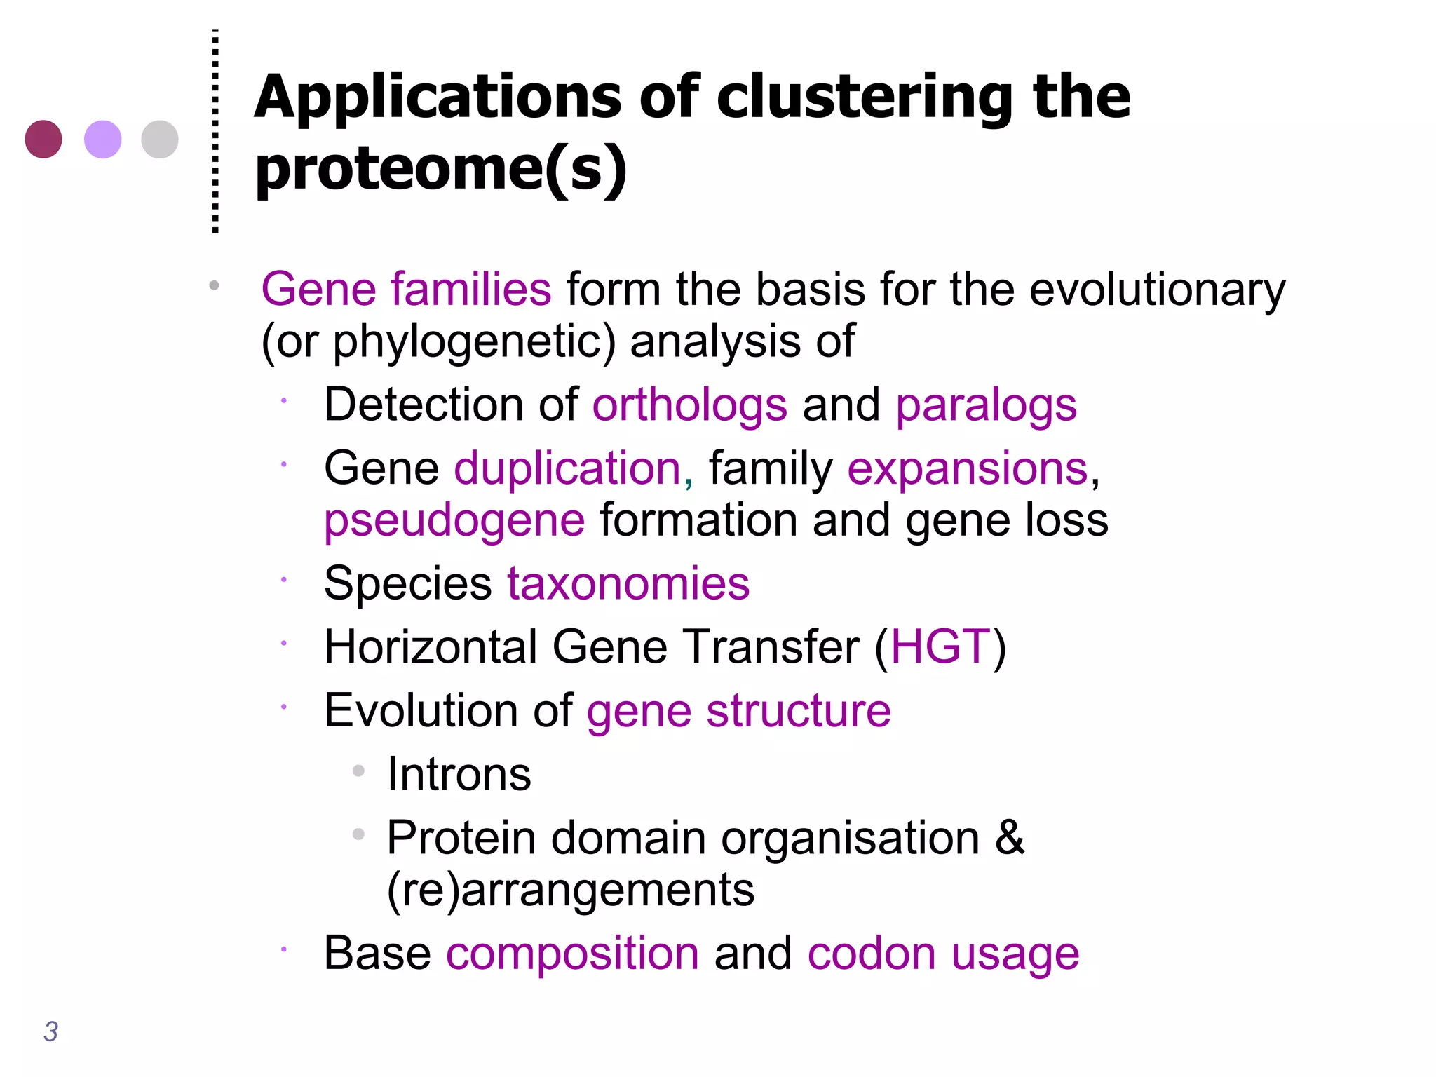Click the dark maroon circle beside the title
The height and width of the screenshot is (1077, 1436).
point(43,139)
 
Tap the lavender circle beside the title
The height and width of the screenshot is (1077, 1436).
point(102,139)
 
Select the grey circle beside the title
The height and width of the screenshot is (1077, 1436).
point(160,139)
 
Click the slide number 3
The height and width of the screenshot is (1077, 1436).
point(50,1031)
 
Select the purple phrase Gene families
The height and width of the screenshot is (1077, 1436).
point(406,289)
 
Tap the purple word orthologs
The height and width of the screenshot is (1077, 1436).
point(690,405)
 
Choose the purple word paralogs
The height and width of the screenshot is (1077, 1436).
point(986,405)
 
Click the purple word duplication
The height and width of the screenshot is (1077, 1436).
point(567,468)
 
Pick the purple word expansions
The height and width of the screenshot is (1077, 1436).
point(967,468)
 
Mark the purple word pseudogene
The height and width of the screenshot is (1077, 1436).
point(454,520)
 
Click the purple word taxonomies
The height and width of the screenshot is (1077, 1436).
point(628,583)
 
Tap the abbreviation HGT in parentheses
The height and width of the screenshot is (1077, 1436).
point(940,646)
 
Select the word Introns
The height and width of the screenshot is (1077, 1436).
point(459,774)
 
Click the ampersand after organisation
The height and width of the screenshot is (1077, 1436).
point(1010,837)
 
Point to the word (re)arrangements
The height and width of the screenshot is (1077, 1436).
point(571,890)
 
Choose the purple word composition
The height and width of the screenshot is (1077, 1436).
point(572,954)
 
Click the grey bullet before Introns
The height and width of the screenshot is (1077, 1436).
point(358,771)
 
